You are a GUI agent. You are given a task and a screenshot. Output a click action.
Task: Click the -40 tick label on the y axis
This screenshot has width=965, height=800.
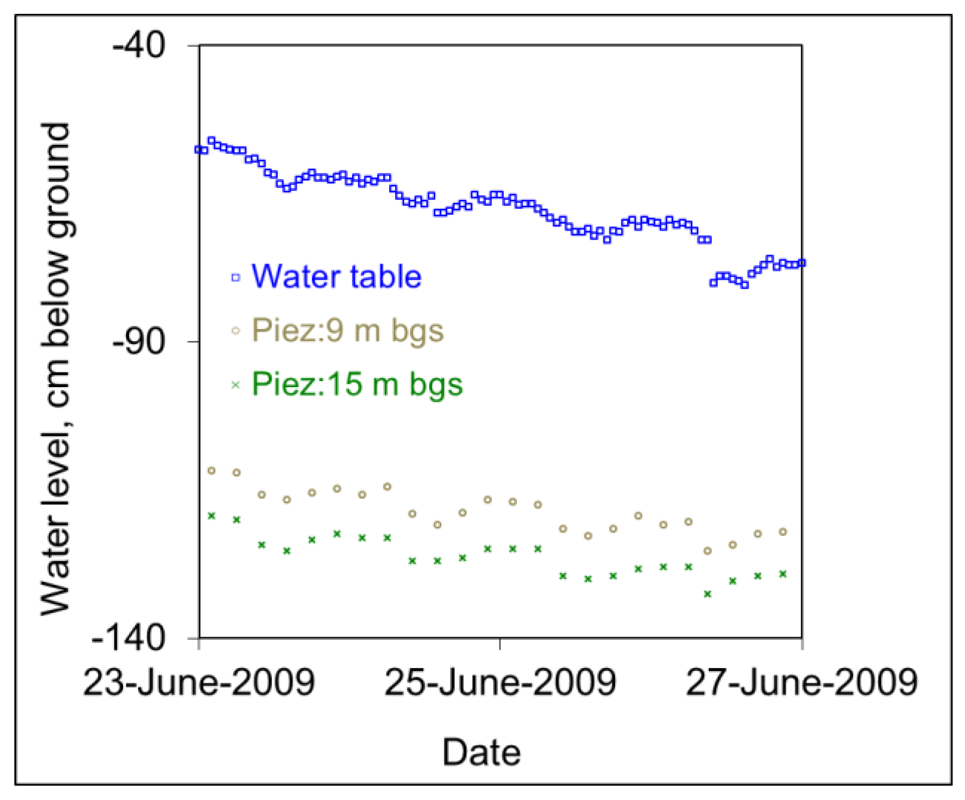coord(138,46)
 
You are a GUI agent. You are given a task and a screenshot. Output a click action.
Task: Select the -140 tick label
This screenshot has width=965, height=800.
coord(129,638)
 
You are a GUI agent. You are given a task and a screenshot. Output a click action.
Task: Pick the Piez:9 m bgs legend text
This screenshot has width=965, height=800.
coord(348,330)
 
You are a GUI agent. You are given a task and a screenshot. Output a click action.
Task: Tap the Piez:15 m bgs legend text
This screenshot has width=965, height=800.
coord(357,384)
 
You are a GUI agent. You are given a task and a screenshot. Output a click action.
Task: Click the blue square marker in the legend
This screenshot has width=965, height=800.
coord(236,277)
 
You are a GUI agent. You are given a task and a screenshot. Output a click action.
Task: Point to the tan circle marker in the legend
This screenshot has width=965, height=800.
coord(236,331)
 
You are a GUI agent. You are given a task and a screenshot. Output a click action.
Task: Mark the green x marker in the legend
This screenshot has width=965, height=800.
coord(236,385)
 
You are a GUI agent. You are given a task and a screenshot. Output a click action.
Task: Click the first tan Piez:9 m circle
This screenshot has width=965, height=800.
coord(212,471)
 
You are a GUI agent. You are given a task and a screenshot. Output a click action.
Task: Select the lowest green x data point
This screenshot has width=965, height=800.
coord(707,594)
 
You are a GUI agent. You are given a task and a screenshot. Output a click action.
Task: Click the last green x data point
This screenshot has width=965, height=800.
coord(782,574)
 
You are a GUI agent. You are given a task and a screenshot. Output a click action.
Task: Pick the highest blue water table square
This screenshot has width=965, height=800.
coord(212,140)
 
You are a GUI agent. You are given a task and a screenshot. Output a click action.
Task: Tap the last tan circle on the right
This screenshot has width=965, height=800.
coord(782,532)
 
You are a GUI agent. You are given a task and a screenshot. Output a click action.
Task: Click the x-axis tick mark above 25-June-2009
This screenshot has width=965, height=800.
coord(500,644)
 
